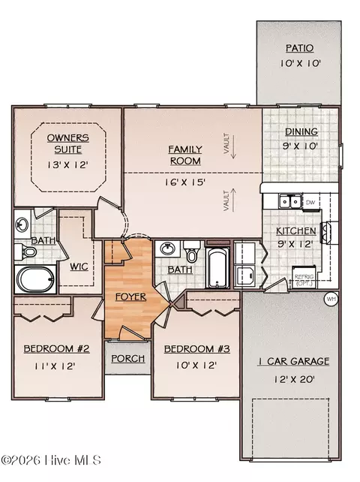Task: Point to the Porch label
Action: coord(127,358)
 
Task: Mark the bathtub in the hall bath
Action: coord(217,267)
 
